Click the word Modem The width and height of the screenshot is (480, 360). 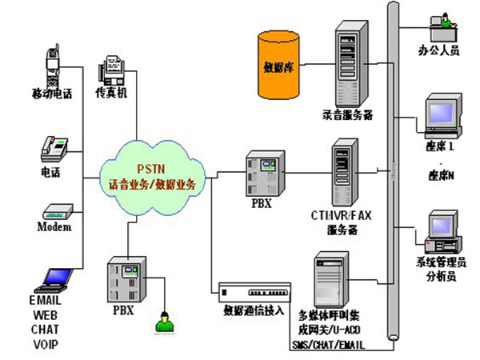54,228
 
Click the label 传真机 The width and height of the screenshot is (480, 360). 112,94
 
